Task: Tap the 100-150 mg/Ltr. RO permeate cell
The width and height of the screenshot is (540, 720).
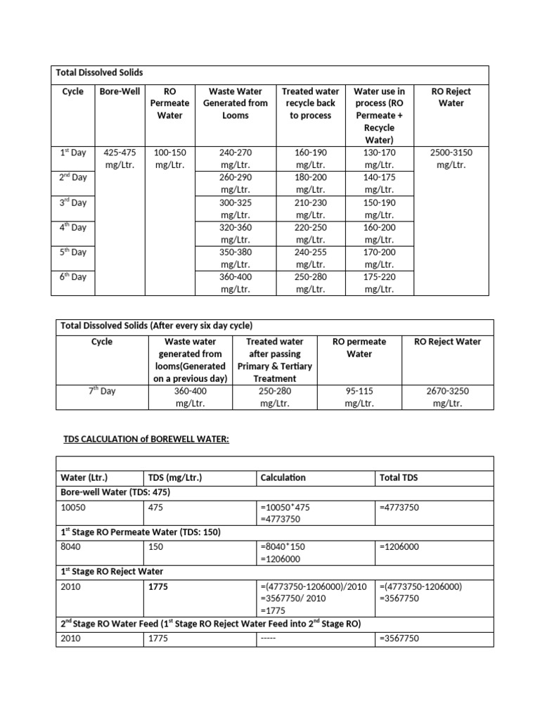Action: (169, 158)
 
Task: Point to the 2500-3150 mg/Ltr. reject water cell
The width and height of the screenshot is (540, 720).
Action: (451, 158)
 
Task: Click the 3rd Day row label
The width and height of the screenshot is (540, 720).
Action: (72, 202)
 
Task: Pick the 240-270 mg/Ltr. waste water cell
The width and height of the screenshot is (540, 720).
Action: (236, 158)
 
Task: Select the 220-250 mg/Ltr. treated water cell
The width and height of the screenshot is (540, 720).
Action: (310, 233)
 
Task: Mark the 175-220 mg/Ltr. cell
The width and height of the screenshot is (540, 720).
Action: (380, 283)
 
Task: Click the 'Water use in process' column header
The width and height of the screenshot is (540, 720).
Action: (380, 115)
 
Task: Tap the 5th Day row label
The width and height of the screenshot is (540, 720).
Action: (72, 252)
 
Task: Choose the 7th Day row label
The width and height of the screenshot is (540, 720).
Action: (102, 391)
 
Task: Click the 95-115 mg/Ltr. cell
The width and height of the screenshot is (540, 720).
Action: (359, 397)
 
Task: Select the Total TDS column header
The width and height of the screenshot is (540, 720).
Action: (399, 477)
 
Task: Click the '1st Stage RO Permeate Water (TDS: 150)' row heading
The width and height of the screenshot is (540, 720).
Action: (141, 532)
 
